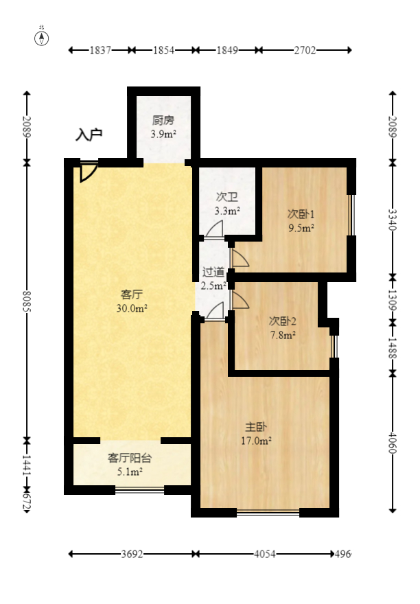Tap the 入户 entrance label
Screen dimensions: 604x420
[x=89, y=135]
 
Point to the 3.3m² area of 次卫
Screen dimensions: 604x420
[x=227, y=211]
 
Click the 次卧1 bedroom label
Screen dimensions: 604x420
[x=301, y=213]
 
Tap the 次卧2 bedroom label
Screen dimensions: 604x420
[x=282, y=321]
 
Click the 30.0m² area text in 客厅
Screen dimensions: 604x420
[x=132, y=308]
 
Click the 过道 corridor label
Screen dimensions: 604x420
[x=213, y=272]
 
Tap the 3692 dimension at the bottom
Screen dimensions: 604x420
[x=132, y=554]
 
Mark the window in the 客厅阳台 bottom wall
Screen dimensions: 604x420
[x=139, y=490]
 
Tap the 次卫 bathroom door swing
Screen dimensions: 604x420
[x=215, y=230]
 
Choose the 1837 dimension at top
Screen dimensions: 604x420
[x=101, y=50]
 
